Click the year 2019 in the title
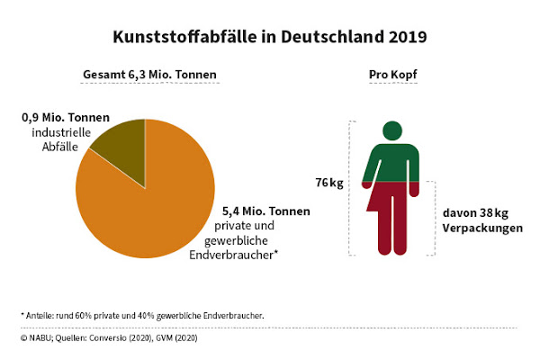pyautogui.click(x=402, y=37)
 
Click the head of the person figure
pyautogui.click(x=392, y=130)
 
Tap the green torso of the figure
pyautogui.click(x=392, y=162)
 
